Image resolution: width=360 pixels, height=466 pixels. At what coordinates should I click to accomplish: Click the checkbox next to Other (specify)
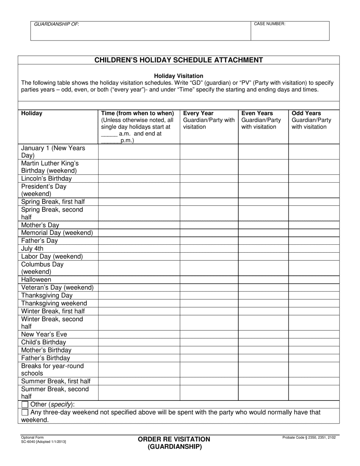click(25, 404)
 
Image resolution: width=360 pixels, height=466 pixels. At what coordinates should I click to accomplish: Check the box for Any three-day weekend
click(25, 412)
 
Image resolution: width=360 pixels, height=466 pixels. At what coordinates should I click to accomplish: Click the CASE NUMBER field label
click(269, 24)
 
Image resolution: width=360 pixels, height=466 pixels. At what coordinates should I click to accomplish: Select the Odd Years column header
click(306, 113)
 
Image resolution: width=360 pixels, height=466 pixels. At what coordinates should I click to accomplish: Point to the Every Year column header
click(198, 113)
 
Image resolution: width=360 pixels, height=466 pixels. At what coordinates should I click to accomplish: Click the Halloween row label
click(36, 280)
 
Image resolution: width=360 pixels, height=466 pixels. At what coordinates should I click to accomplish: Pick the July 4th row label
click(32, 249)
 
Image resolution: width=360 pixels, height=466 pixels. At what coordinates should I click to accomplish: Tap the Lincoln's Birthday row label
click(46, 178)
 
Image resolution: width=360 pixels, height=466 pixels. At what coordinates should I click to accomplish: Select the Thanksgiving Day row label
click(47, 296)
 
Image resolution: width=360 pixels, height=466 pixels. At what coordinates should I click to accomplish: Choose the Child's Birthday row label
click(44, 342)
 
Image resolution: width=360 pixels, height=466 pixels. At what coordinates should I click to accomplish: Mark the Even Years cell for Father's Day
click(263, 241)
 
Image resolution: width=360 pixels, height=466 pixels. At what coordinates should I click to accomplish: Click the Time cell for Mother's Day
click(139, 225)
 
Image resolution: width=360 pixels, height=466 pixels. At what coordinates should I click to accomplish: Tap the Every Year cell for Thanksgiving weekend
click(209, 303)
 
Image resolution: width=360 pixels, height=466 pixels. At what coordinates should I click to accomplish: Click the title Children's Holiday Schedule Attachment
click(178, 60)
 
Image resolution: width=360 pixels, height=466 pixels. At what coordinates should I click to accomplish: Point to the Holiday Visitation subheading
click(178, 76)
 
